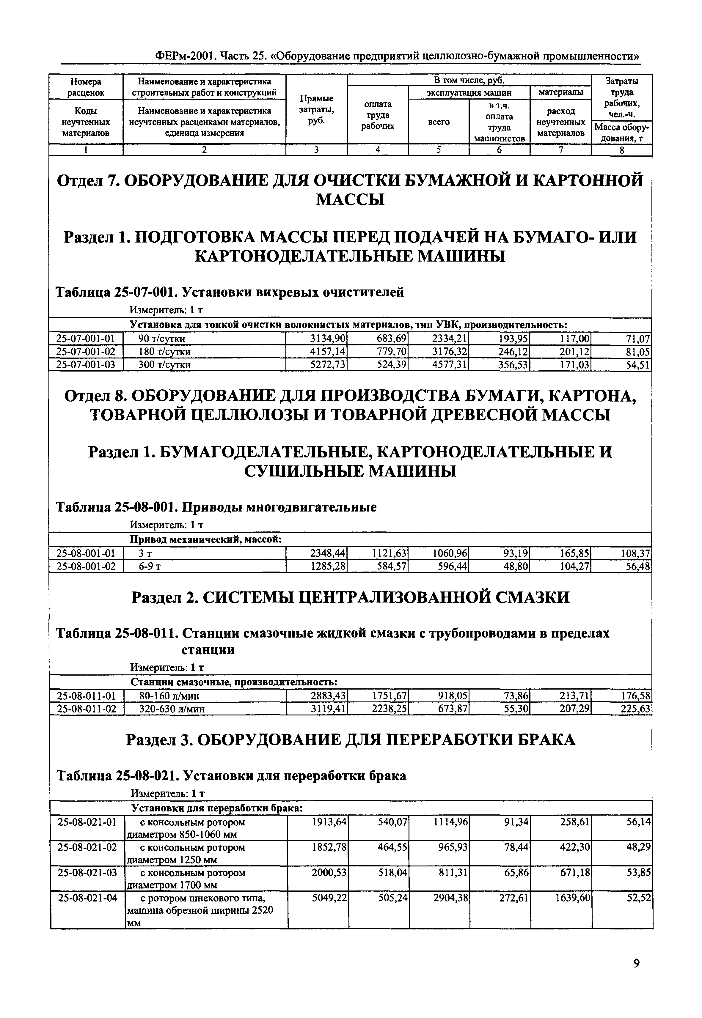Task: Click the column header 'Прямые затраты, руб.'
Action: pos(316,110)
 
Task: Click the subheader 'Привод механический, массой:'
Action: pos(206,539)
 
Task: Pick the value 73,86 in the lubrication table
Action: pos(515,696)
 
